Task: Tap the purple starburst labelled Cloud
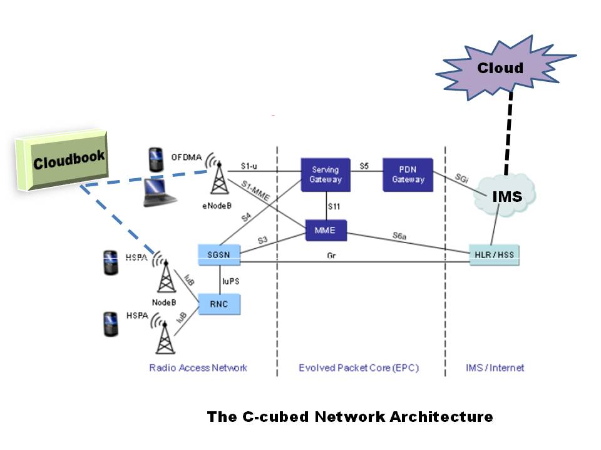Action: [x=501, y=67]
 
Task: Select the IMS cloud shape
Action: [x=506, y=196]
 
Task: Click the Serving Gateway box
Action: [x=326, y=174]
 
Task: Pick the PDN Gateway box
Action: [x=408, y=174]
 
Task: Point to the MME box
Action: [x=326, y=230]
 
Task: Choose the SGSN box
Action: [x=219, y=253]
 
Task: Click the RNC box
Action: [x=219, y=304]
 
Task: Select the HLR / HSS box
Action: [x=495, y=255]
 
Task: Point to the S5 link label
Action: [x=364, y=166]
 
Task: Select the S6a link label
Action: [x=399, y=236]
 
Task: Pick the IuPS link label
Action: [x=232, y=281]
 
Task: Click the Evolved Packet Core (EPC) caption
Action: [x=359, y=367]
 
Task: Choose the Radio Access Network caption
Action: [x=198, y=367]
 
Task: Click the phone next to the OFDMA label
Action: [x=156, y=159]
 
